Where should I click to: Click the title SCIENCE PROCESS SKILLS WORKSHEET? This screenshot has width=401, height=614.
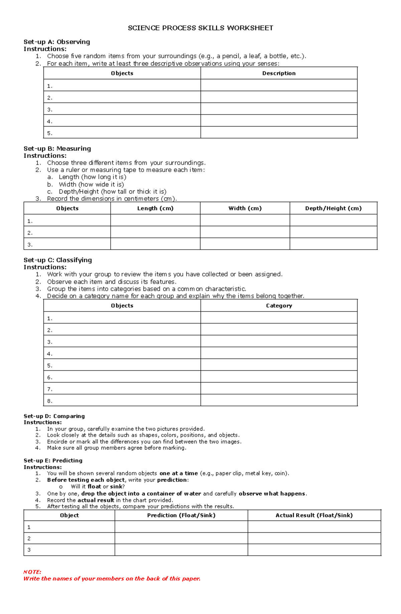point(200,28)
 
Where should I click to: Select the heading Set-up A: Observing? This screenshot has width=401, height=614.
point(57,42)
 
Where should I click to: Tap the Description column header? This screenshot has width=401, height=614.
point(279,73)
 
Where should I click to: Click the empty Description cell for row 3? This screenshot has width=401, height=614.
point(279,109)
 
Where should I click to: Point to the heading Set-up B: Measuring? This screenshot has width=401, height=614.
point(57,149)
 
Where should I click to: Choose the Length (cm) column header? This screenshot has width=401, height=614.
point(155,208)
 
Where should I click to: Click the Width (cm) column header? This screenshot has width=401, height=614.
point(245,208)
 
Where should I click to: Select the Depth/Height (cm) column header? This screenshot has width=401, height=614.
point(333,208)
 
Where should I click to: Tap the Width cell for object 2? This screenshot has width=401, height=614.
point(245,232)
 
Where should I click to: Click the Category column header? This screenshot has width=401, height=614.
point(279,305)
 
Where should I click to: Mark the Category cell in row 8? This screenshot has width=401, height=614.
point(279,401)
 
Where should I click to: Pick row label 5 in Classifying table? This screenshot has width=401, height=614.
point(49,365)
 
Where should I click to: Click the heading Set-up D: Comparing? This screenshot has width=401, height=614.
point(54,416)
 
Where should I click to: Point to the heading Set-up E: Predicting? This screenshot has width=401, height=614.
point(53,460)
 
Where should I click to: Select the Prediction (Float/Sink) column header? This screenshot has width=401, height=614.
point(181,515)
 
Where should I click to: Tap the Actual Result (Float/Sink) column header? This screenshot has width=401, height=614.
point(314,515)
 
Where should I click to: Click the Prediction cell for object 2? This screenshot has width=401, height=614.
point(181,538)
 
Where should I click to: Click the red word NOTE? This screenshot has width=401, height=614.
point(32,572)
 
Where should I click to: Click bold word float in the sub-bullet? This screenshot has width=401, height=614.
point(94,487)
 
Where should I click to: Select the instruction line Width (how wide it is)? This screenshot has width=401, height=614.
point(91,184)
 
